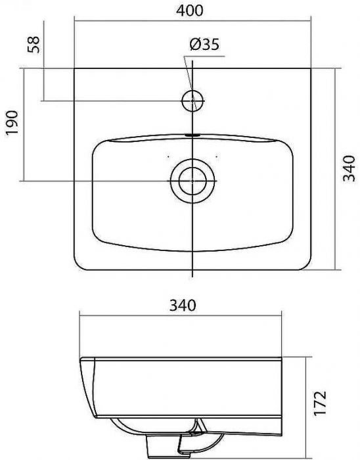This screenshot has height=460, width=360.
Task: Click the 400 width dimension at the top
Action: [x=191, y=11]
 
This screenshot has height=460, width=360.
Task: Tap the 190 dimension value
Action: [x=12, y=123]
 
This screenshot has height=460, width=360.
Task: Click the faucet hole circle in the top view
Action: [x=192, y=101]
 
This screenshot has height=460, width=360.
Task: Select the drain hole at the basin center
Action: [x=192, y=179]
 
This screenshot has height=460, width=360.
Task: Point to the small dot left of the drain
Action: [x=168, y=157]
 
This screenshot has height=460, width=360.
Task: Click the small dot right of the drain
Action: [x=216, y=157]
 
